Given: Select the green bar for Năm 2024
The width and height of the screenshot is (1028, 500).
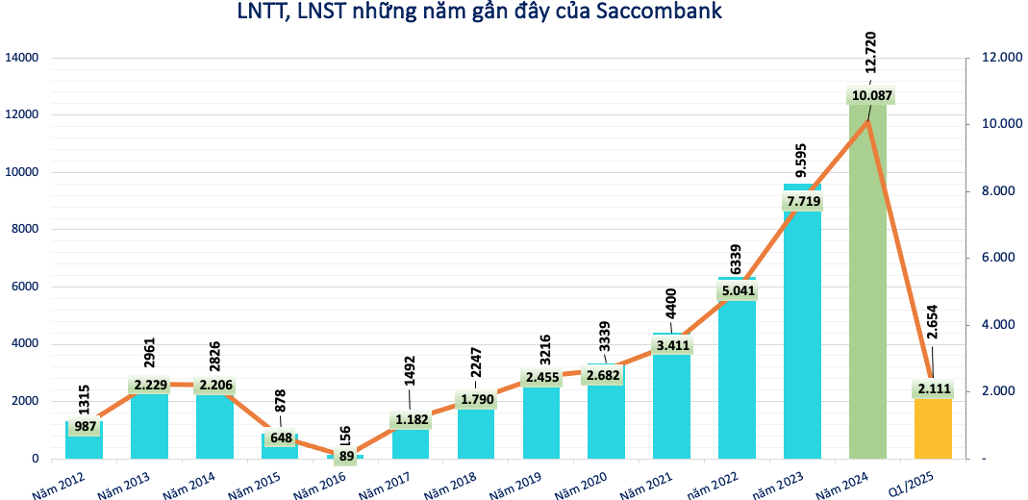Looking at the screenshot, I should pos(867,288).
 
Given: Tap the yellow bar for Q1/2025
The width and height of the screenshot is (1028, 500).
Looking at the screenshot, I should pos(933,428).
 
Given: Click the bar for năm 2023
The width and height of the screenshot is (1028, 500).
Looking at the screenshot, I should pos(802,337).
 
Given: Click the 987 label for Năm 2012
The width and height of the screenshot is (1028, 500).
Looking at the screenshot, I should pos(84,426).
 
